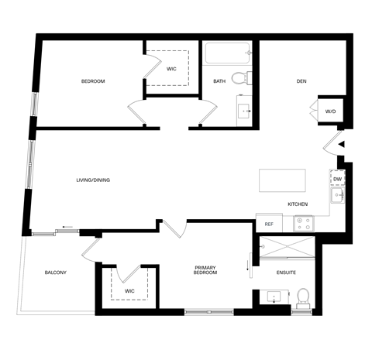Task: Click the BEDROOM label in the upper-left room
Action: pos(93,81)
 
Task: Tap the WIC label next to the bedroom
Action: pos(171,69)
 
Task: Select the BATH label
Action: pos(219,81)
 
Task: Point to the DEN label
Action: pos(302,81)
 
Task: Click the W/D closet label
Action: pos(331,111)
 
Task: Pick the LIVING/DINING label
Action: pos(93,180)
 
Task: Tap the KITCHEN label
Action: pos(298,204)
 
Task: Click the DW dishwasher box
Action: pos(337,180)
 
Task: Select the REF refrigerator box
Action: pos(269,224)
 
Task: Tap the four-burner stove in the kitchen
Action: pos(304,224)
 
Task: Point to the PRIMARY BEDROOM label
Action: pos(205,271)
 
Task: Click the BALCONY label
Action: pos(55,273)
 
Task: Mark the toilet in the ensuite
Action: pos(303,297)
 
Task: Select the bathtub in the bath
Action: pos(227,54)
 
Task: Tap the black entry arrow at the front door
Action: pos(341,144)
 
